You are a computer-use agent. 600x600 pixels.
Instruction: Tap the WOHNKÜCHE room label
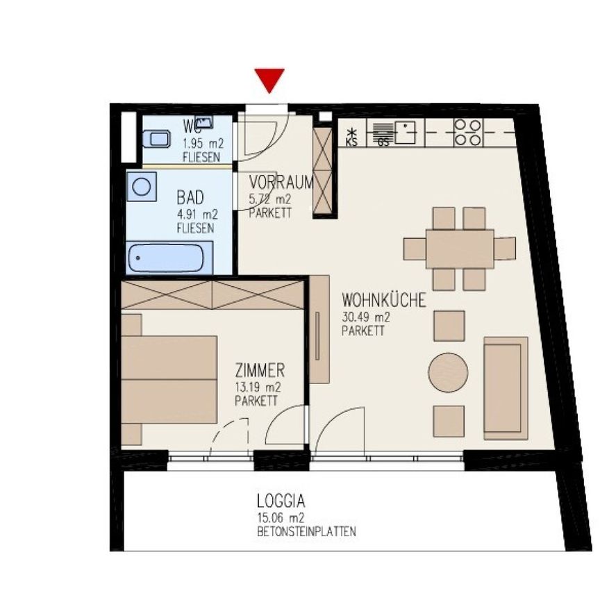tap(383, 301)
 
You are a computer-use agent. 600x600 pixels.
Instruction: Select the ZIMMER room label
tap(259, 372)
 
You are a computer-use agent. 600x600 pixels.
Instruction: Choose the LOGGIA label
tap(281, 500)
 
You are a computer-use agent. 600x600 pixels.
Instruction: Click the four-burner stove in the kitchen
tap(467, 133)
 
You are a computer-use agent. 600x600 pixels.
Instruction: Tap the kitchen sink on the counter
tap(404, 132)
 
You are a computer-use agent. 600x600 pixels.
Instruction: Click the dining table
tap(460, 249)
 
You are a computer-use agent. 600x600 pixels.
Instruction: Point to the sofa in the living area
tap(505, 388)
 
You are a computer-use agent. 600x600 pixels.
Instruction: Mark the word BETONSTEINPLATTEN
tap(306, 533)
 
